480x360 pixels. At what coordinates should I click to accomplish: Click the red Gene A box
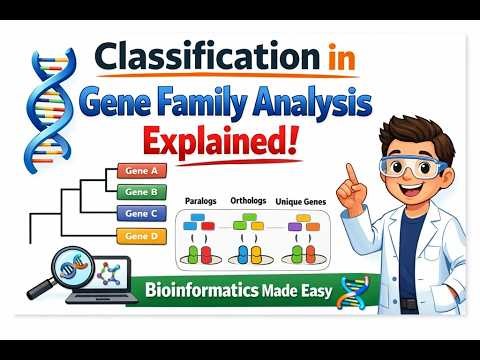click(141, 171)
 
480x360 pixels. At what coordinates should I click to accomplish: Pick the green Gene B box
click(141, 191)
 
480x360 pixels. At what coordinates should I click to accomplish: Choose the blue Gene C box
click(141, 212)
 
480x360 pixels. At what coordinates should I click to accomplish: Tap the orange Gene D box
click(141, 236)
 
